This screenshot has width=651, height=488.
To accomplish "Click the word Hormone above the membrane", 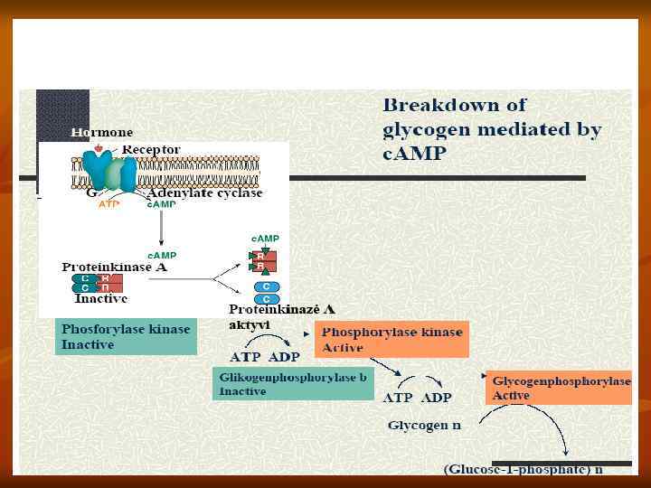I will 102,133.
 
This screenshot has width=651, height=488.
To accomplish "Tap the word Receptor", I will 151,149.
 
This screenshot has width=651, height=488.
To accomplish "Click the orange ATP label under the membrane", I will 108,205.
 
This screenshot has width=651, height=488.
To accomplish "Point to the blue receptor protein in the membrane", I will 117,173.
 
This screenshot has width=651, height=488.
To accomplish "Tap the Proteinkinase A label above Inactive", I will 114,267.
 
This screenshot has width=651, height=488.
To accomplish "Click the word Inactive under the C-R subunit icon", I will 101,298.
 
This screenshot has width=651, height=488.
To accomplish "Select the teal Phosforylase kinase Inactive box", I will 126,337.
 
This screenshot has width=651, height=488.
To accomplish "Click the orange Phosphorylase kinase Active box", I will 392,339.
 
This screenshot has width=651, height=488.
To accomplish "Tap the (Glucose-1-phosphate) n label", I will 524,469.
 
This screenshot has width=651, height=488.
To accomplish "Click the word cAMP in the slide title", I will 414,153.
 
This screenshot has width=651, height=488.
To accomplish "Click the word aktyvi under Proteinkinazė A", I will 249,324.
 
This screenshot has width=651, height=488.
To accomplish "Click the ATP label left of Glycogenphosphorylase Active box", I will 398,398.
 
